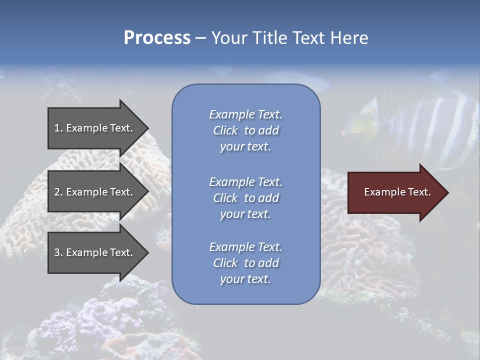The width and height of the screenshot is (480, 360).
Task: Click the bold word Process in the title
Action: [x=157, y=38]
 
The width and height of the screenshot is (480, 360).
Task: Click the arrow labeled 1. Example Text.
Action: [x=95, y=128]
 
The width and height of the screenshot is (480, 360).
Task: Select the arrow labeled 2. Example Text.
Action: [x=95, y=192]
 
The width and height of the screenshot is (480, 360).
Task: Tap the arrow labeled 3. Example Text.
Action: [x=95, y=252]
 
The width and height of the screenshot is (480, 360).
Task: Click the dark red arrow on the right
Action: [x=395, y=192]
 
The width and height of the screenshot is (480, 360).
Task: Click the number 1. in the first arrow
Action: [x=58, y=128]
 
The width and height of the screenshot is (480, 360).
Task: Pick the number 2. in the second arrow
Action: [x=58, y=192]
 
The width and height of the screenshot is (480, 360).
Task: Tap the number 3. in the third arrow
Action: [x=58, y=252]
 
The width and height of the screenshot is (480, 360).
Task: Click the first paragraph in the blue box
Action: [x=245, y=130]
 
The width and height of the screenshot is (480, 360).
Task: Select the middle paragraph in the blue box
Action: [x=245, y=198]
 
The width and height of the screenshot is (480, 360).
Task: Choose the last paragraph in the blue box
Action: [x=245, y=263]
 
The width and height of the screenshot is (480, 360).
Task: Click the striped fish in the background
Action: [x=420, y=127]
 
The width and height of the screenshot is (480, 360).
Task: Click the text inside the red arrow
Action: [x=397, y=192]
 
